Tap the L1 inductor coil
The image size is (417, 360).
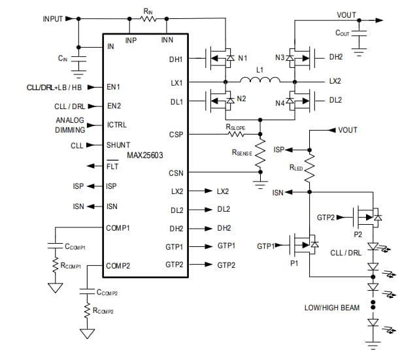pyautogui.click(x=260, y=82)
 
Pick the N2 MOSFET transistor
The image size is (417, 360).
pyautogui.click(x=221, y=102)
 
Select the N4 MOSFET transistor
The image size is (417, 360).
pyautogui.click(x=300, y=102)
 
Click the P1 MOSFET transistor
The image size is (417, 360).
pyautogui.click(x=302, y=246)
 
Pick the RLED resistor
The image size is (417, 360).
pyautogui.click(x=310, y=170)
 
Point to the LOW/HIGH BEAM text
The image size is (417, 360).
pyautogui.click(x=332, y=307)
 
